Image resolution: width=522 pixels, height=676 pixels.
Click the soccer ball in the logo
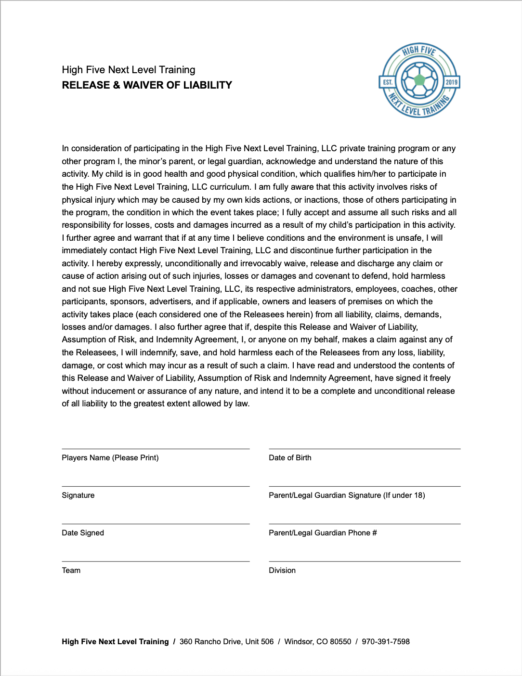pos(419,80)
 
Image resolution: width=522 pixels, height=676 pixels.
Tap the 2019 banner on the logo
pos(451,82)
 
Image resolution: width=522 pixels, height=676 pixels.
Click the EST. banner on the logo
pos(388,82)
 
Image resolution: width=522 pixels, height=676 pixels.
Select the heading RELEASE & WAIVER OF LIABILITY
pos(147,85)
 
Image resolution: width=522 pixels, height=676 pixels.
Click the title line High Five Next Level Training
pos(129,70)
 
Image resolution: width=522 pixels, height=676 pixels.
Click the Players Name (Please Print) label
pos(110,458)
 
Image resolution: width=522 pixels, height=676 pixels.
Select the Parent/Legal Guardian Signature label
pos(347,495)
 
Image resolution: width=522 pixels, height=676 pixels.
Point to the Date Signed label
pos(83,533)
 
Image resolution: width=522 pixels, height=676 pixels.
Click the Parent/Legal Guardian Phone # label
pos(323,533)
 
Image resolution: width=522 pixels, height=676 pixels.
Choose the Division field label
pos(282,571)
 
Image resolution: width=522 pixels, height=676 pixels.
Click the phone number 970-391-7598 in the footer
pos(386,642)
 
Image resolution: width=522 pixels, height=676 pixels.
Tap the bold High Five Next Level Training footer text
pos(115,642)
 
